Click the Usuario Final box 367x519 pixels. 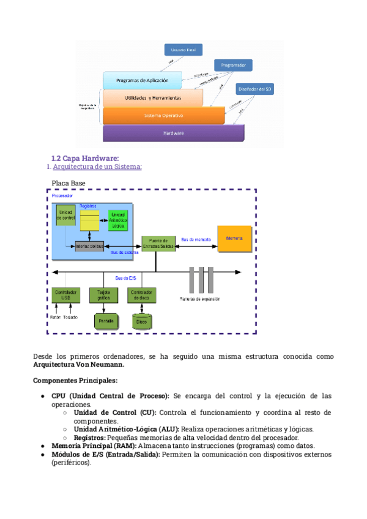pyautogui.click(x=183, y=50)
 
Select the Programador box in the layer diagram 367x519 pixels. pyautogui.click(x=233, y=65)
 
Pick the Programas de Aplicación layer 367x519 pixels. pyautogui.click(x=143, y=80)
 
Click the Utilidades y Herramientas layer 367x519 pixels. pyautogui.click(x=152, y=98)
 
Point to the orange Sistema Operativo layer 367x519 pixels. pyautogui.click(x=163, y=115)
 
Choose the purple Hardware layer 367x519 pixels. pyautogui.click(x=174, y=133)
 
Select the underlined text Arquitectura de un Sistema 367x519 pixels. pyautogui.click(x=97, y=166)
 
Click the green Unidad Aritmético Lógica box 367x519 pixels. pyautogui.click(x=118, y=220)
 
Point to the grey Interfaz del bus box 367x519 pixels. pyautogui.click(x=89, y=246)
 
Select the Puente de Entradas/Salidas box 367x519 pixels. pyautogui.click(x=155, y=243)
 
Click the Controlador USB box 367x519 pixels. pyautogui.click(x=66, y=295)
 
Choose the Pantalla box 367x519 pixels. pyautogui.click(x=106, y=320)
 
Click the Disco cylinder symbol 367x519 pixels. pyautogui.click(x=142, y=321)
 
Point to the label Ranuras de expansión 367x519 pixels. pyautogui.click(x=201, y=300)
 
